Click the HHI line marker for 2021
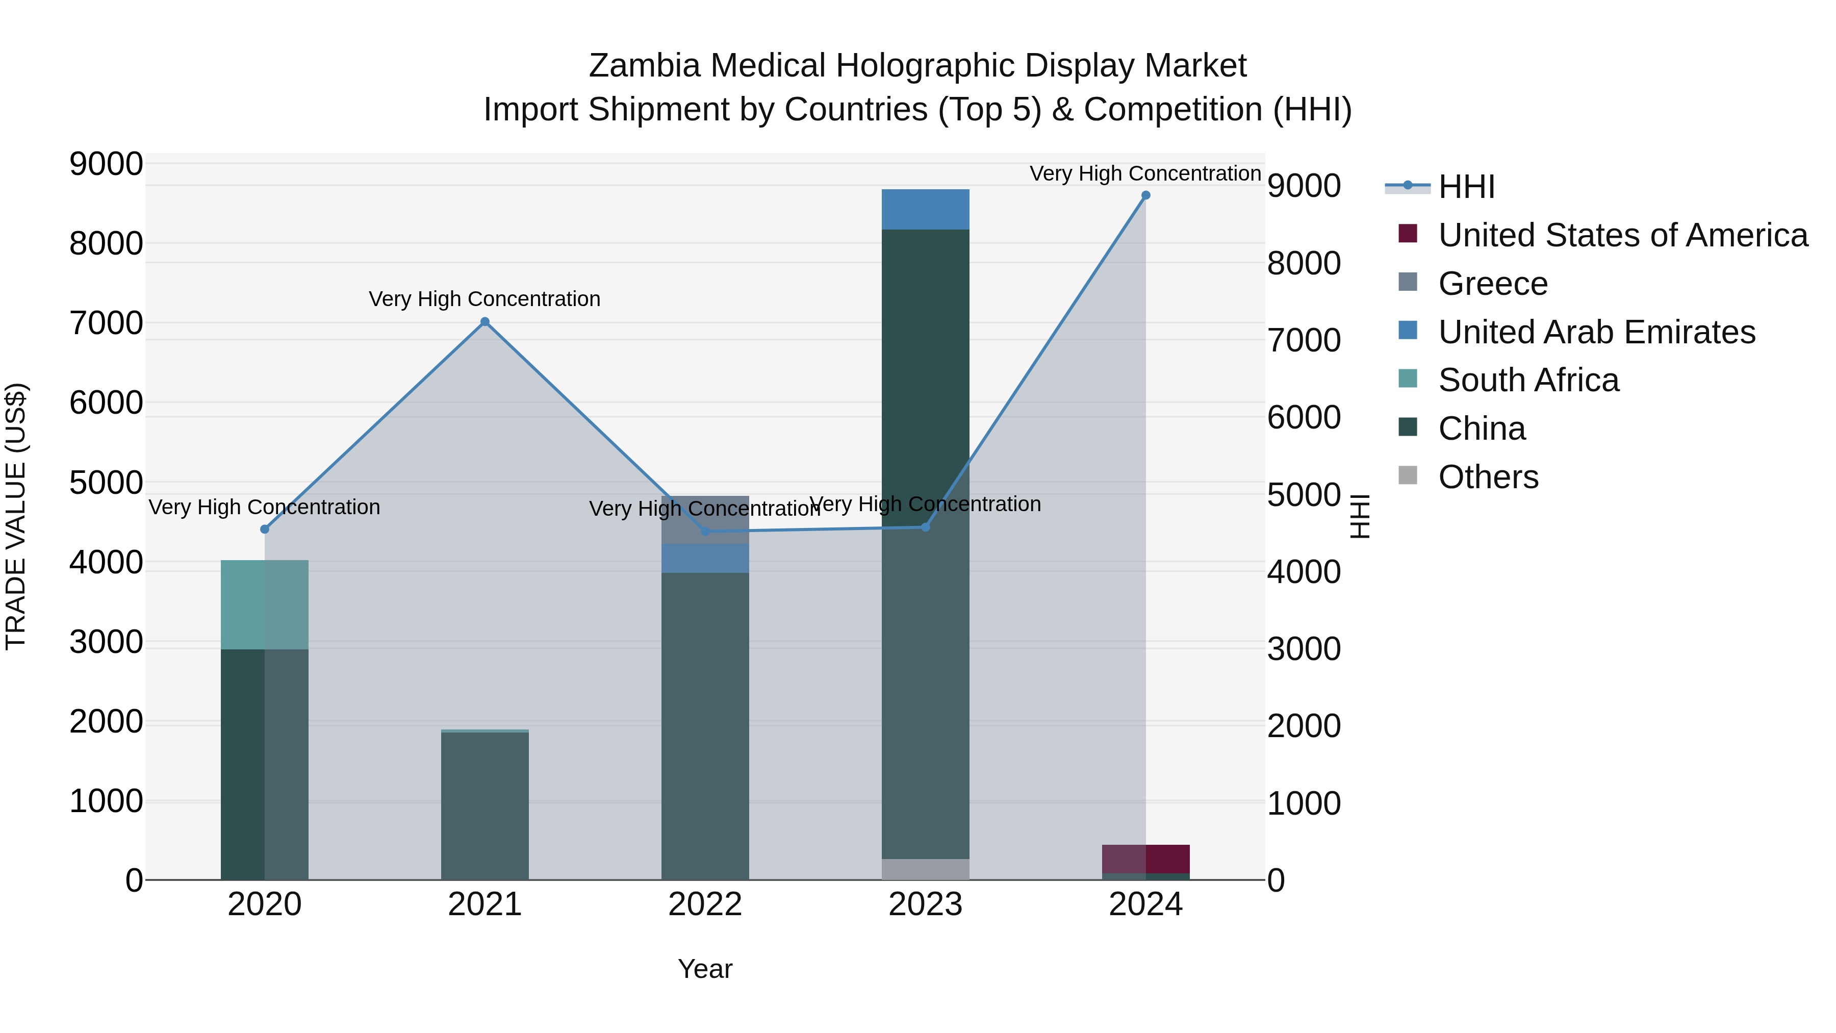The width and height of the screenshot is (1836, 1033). click(x=484, y=321)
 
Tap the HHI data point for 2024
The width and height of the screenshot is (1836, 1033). click(x=1145, y=195)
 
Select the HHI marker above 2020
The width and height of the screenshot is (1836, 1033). click(x=264, y=529)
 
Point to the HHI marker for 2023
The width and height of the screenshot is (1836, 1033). click(x=925, y=527)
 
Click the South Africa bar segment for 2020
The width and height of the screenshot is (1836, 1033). click(x=264, y=604)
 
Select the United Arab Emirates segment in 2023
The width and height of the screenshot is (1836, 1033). click(x=925, y=210)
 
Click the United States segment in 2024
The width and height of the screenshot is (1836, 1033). click(x=1145, y=859)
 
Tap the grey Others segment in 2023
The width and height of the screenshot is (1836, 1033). click(x=925, y=869)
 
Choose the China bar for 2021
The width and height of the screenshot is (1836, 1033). click(x=484, y=805)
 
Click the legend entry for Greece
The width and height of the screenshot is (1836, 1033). click(x=1492, y=284)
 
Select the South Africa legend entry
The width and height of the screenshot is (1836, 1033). click(x=1528, y=380)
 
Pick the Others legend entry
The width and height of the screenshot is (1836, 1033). click(x=1488, y=477)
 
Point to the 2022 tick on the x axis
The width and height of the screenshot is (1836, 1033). click(x=705, y=904)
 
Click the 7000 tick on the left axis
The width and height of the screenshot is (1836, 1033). click(x=106, y=323)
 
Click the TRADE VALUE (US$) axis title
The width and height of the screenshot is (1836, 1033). click(x=16, y=516)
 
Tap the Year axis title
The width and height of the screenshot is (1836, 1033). click(x=705, y=969)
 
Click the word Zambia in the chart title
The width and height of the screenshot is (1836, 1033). click(x=644, y=66)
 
